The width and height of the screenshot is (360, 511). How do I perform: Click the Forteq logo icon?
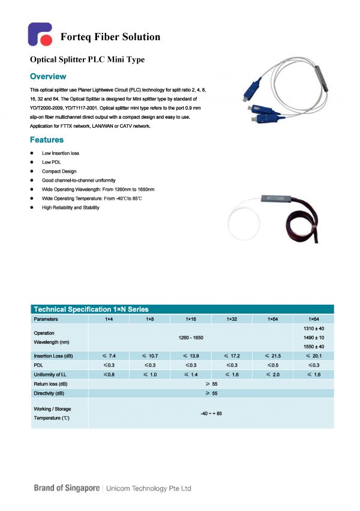(x=41, y=35)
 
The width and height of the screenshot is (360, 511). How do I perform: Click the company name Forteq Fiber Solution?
(x=110, y=37)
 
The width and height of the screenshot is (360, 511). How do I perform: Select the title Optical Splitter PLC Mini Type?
(x=87, y=60)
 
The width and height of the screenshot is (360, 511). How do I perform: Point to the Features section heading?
(x=47, y=140)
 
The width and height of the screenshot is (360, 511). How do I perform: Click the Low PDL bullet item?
(x=51, y=162)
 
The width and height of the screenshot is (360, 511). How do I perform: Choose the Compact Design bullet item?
(x=59, y=171)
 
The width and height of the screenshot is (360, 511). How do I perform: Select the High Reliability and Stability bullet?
(x=70, y=207)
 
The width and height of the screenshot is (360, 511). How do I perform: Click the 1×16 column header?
(x=191, y=319)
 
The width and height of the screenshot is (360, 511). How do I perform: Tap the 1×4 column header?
(x=109, y=319)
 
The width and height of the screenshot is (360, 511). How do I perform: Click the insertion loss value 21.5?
(x=272, y=356)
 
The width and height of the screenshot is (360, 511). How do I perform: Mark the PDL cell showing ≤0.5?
(x=272, y=365)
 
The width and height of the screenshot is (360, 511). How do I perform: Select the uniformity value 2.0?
(x=272, y=374)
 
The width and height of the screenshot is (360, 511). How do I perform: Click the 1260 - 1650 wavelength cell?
(x=191, y=338)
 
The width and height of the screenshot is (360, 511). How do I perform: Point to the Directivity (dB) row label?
(x=50, y=393)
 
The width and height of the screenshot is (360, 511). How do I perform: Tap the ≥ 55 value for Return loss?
(x=211, y=383)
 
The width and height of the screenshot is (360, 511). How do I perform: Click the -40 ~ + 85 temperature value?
(x=211, y=413)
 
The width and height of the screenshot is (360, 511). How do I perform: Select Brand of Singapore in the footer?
(x=67, y=488)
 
